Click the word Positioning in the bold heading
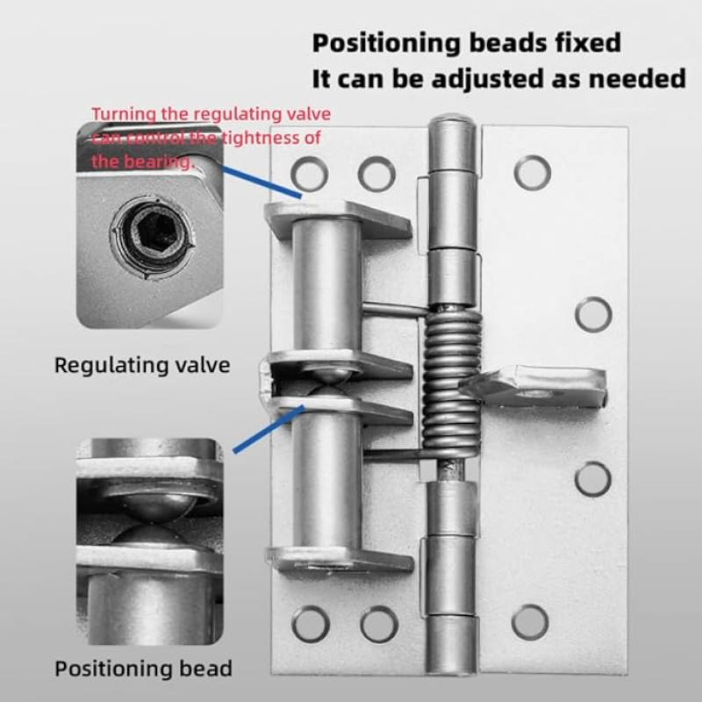tap(386, 43)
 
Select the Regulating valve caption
tap(142, 365)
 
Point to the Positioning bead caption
tap(143, 669)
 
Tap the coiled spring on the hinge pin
tap(452, 386)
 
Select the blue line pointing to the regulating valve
tap(261, 182)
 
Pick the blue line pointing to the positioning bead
tap(269, 429)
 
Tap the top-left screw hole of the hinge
tap(309, 174)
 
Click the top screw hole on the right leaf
tap(532, 173)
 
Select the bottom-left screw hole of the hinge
tap(311, 624)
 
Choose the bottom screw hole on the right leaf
tap(530, 622)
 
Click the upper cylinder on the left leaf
tap(326, 285)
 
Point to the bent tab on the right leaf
tap(534, 386)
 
